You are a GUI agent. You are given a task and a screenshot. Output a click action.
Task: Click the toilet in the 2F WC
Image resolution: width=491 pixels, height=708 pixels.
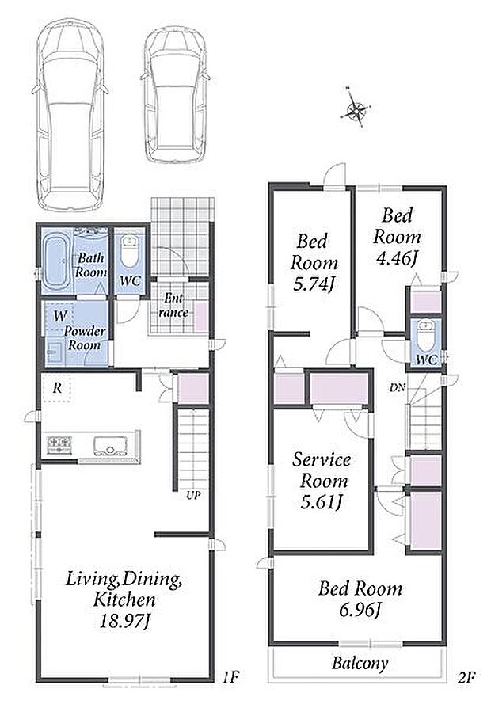click(425, 336)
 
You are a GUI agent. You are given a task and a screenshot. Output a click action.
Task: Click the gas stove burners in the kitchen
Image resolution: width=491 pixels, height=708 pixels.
click(59, 443)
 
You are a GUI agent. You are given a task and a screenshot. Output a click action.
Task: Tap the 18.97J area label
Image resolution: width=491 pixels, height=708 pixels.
click(124, 622)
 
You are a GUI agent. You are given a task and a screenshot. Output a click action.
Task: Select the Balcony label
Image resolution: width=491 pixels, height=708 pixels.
click(360, 663)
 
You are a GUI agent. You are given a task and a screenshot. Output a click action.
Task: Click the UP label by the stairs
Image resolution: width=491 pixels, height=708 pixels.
click(193, 495)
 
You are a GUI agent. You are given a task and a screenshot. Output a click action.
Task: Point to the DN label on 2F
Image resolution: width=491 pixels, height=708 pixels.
click(398, 387)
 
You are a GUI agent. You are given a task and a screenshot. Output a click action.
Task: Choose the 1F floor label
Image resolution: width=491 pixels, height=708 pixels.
click(230, 677)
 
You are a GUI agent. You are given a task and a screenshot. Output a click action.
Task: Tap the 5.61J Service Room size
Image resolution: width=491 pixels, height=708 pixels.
click(321, 501)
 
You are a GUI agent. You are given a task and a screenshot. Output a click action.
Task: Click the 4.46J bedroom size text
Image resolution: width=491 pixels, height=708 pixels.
click(396, 258)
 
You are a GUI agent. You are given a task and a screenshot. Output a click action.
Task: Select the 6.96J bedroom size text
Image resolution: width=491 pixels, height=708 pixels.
click(360, 610)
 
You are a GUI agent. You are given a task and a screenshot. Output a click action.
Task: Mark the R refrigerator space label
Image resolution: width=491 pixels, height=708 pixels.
click(57, 388)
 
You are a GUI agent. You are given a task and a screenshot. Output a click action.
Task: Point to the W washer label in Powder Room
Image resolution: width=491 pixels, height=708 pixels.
click(60, 316)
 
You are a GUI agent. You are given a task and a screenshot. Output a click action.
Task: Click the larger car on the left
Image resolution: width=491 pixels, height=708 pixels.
click(70, 115)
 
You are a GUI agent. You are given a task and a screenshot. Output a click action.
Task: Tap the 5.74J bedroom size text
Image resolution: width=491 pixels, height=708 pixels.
click(314, 284)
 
